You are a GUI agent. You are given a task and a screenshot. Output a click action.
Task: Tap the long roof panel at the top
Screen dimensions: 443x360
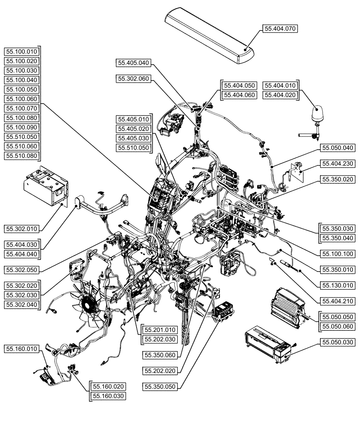[208, 35]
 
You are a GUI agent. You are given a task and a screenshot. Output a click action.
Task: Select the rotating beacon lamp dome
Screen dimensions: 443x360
[318, 115]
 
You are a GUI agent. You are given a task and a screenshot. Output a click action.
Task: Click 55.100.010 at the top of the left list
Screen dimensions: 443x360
[22, 51]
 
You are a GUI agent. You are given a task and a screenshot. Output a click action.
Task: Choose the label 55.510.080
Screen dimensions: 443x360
[22, 156]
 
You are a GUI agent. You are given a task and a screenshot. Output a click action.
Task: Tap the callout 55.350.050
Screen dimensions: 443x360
[160, 386]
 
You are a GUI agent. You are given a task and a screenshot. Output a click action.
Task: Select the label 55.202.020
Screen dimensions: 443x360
[160, 370]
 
